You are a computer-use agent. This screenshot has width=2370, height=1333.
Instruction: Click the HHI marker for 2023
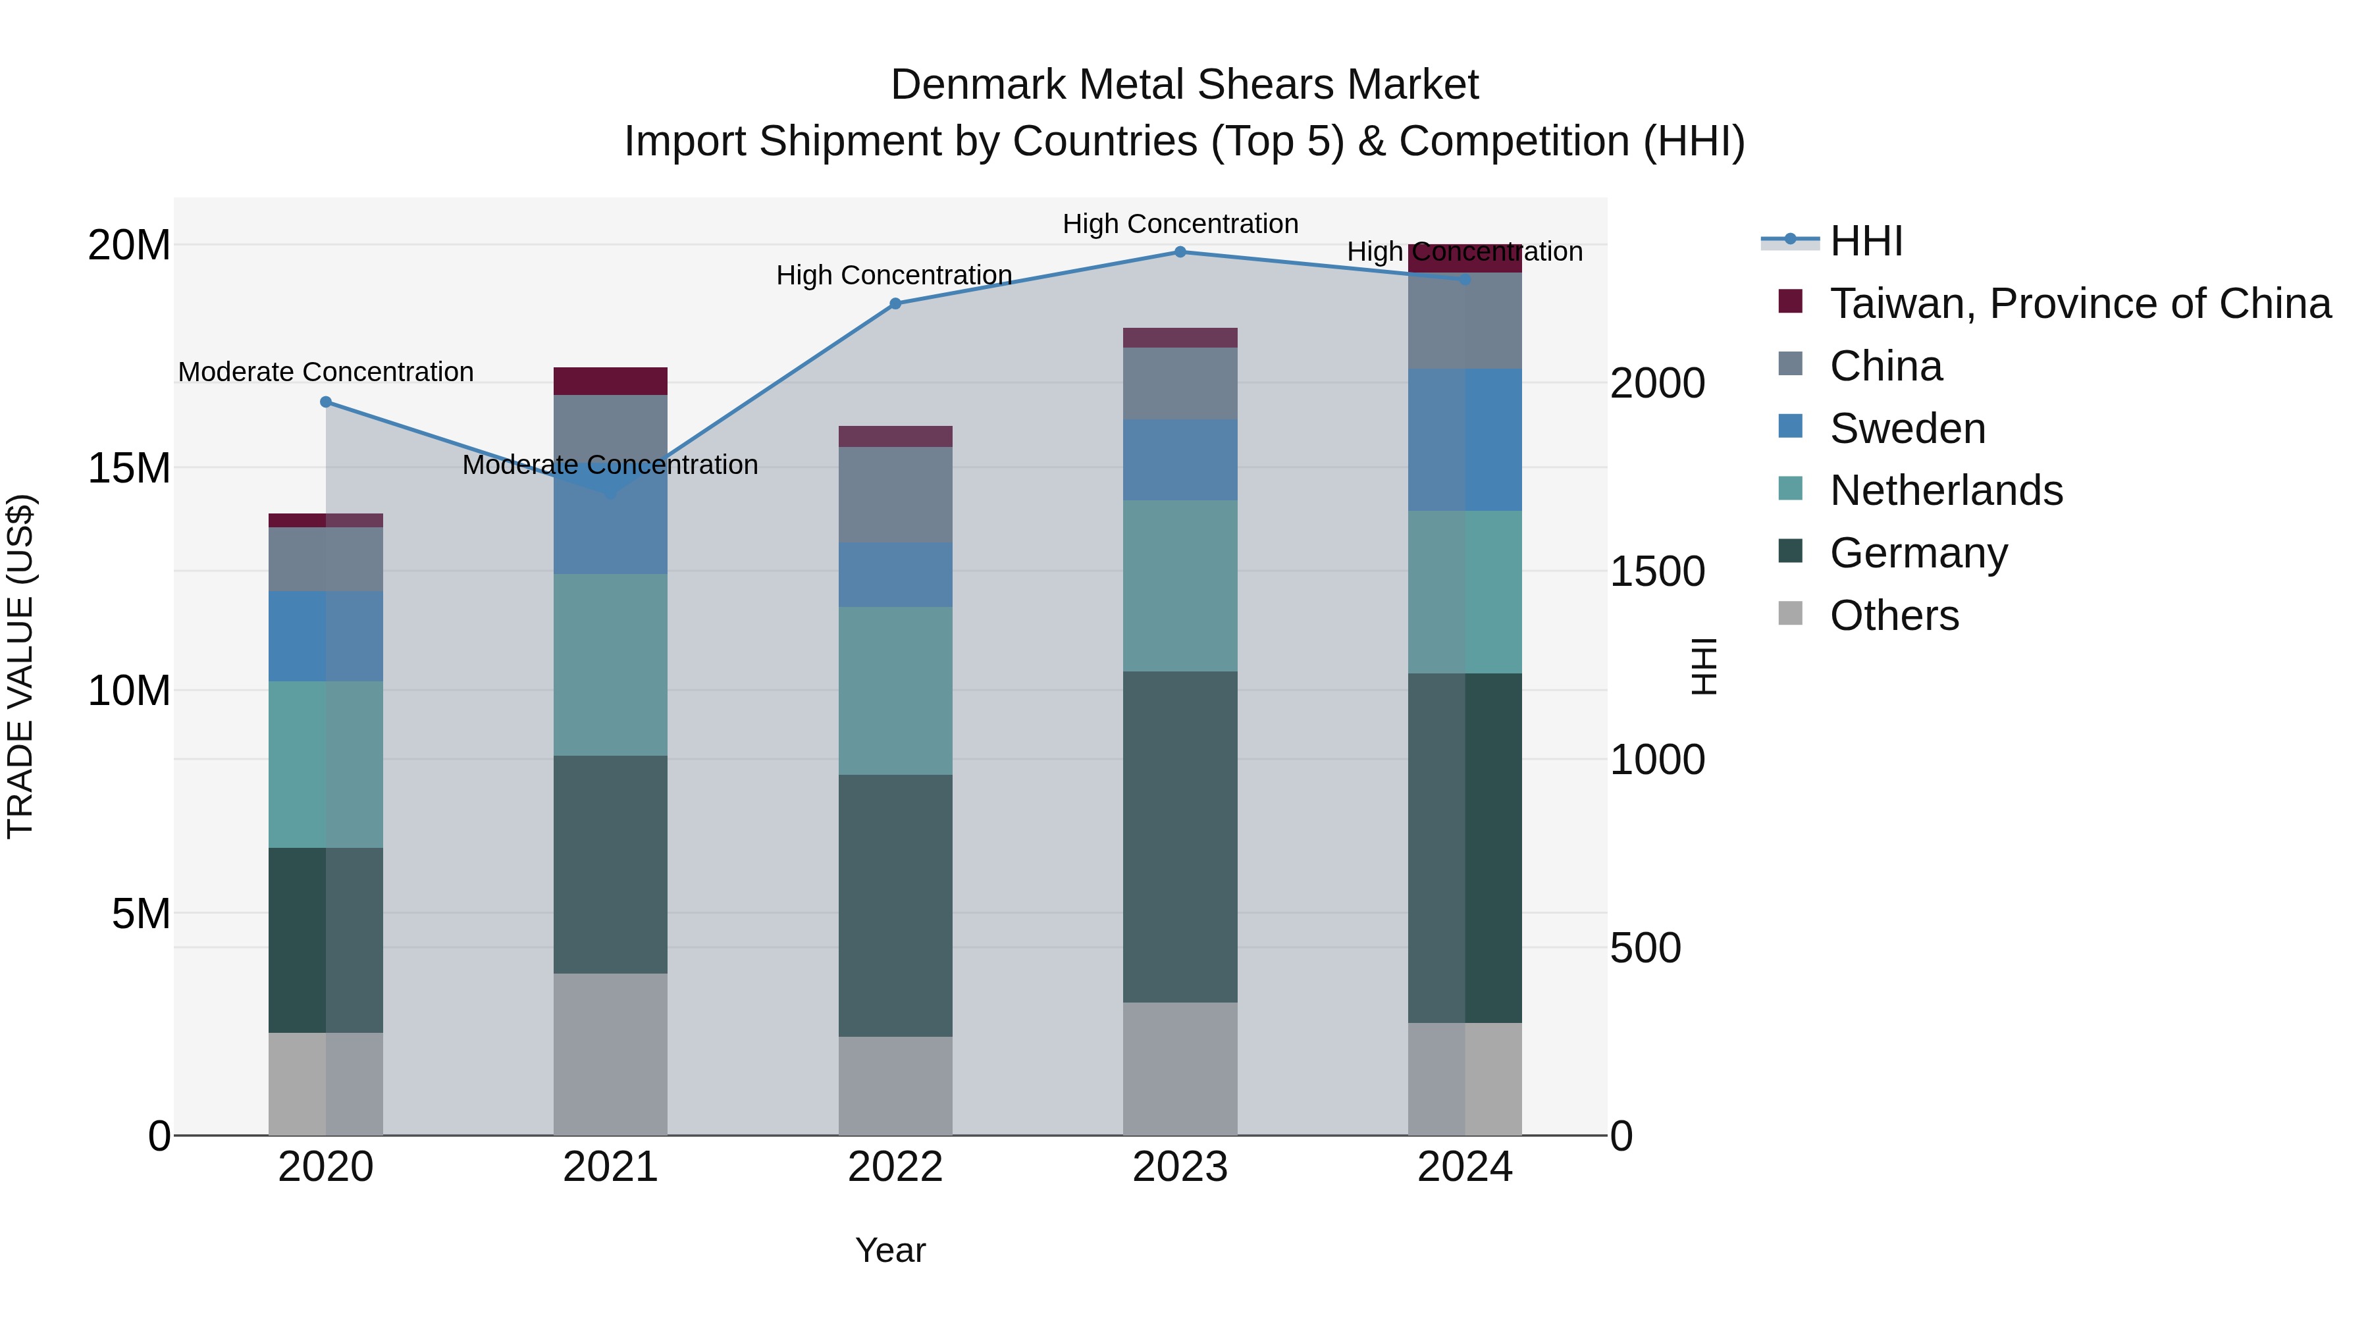pyautogui.click(x=1180, y=252)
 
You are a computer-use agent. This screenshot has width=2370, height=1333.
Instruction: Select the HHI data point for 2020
pyautogui.click(x=326, y=402)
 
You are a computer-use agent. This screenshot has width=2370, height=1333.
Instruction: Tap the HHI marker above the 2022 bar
pyautogui.click(x=895, y=303)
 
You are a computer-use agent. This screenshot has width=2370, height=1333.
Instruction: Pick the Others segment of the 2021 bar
pyautogui.click(x=610, y=1055)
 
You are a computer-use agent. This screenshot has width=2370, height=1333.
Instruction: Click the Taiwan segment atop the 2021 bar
pyautogui.click(x=610, y=381)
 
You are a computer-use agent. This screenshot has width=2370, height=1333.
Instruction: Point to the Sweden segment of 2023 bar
pyautogui.click(x=1180, y=460)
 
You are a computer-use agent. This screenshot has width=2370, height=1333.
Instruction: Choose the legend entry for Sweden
pyautogui.click(x=1907, y=429)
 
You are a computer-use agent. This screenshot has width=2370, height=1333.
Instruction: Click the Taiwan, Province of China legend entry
pyautogui.click(x=2079, y=303)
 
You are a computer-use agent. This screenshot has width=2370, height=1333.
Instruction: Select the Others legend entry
pyautogui.click(x=1893, y=615)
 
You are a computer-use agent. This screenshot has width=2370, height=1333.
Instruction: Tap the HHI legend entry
pyautogui.click(x=1865, y=241)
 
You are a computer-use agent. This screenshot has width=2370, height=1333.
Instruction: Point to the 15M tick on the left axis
pyautogui.click(x=129, y=468)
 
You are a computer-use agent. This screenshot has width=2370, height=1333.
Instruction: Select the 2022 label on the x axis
pyautogui.click(x=895, y=1167)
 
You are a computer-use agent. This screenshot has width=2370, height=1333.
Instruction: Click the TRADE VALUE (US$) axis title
pyautogui.click(x=20, y=666)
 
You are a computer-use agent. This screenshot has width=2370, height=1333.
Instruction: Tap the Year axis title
pyautogui.click(x=889, y=1250)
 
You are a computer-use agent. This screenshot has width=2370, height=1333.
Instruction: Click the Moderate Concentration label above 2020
pyautogui.click(x=326, y=372)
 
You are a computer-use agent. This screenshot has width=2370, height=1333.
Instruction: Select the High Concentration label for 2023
pyautogui.click(x=1180, y=224)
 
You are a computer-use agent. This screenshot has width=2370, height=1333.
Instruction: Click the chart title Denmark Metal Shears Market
pyautogui.click(x=1184, y=85)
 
